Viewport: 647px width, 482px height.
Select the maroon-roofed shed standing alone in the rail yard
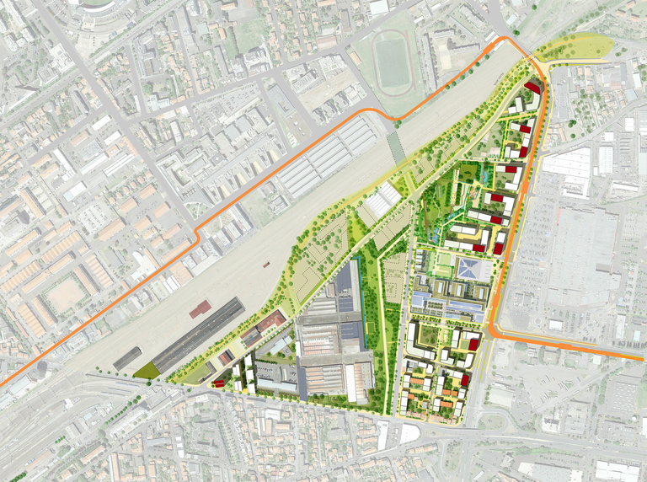200,309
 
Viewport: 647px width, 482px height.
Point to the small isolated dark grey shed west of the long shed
126,357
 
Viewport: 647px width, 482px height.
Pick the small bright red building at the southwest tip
218,383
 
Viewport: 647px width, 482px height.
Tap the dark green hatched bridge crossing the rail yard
396,148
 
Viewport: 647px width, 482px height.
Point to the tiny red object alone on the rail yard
265,264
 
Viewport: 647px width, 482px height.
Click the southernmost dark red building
464,381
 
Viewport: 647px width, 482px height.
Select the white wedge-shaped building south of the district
409,434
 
